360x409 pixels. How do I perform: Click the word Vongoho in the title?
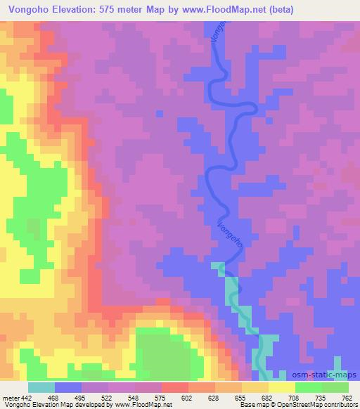[x=28, y=10]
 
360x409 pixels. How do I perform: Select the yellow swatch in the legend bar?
[x=282, y=387]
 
